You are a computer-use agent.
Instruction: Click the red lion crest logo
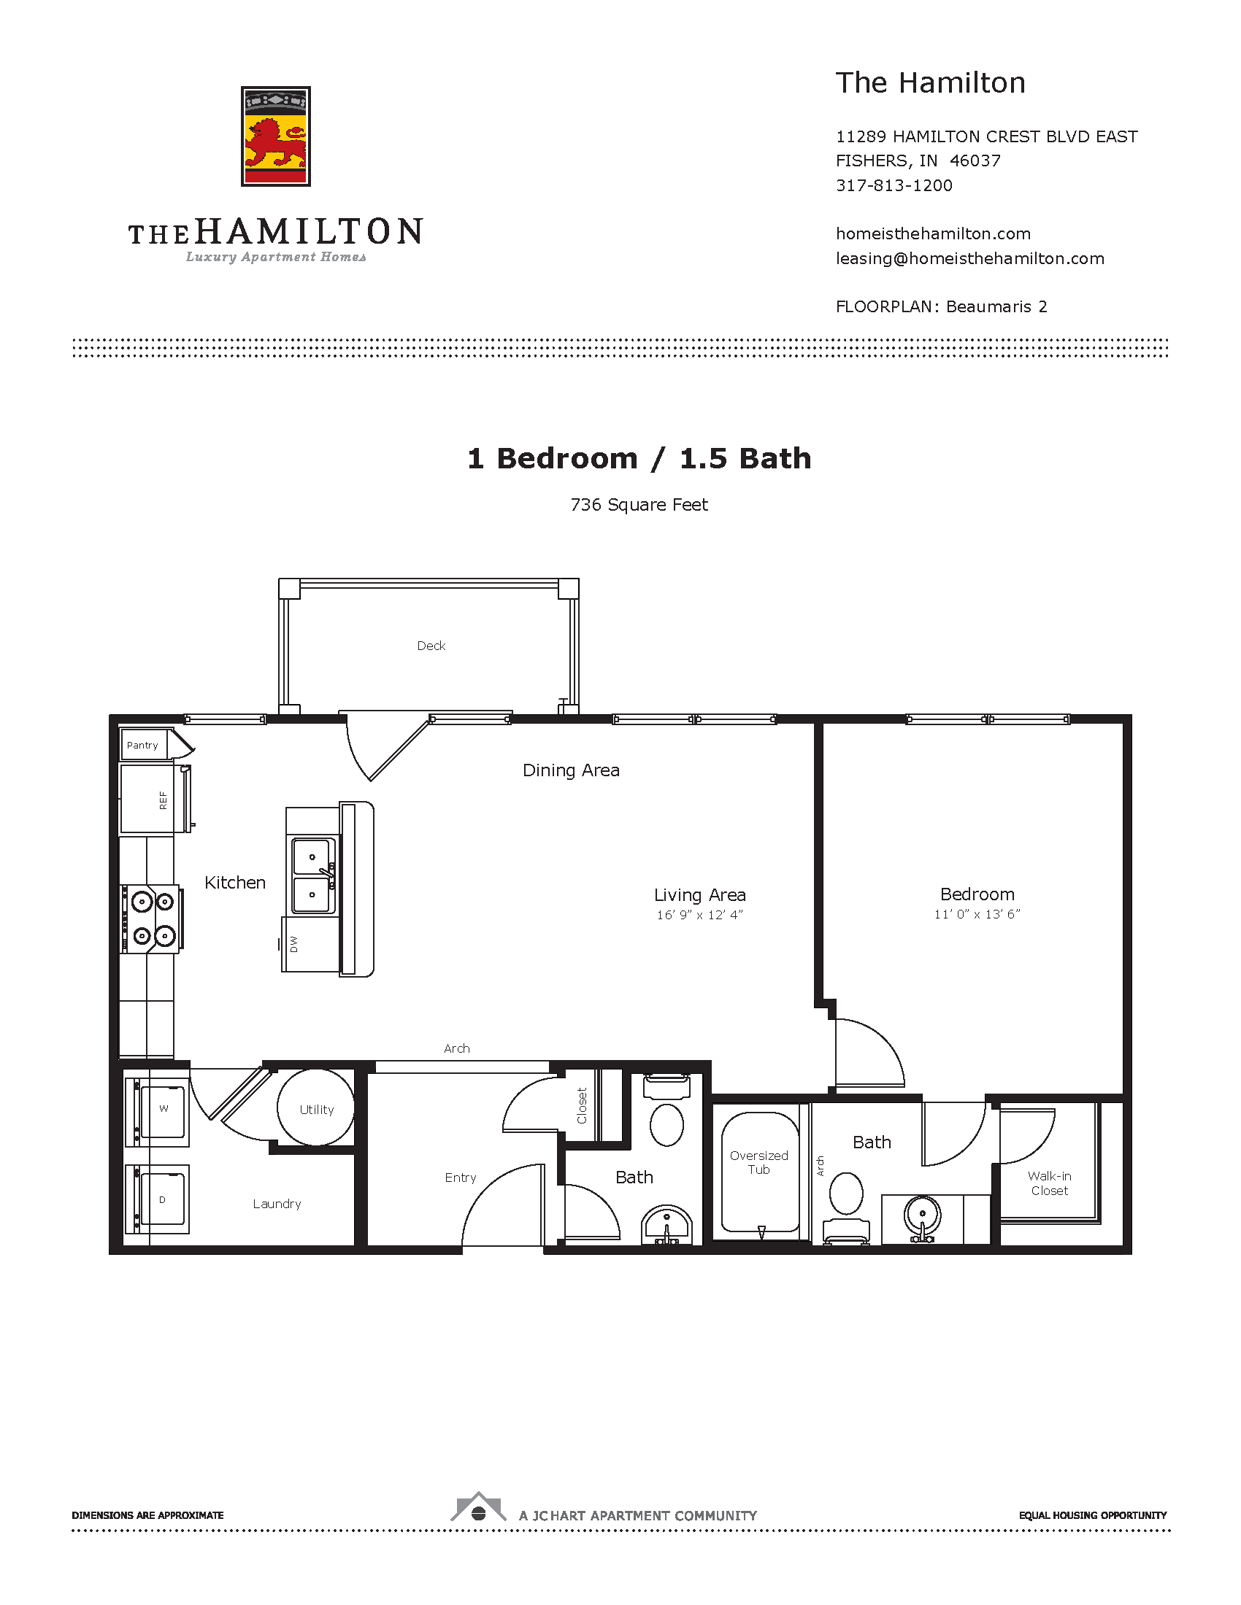point(276,136)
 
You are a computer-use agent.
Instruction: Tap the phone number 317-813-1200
point(894,185)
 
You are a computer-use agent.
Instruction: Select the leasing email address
point(969,259)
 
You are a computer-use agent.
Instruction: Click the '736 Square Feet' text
point(639,505)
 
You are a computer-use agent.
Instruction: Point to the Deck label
point(431,646)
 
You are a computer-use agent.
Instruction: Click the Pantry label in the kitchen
point(142,745)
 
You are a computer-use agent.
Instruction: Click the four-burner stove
point(151,918)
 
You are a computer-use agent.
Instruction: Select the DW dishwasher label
point(294,944)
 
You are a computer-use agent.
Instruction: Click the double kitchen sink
point(314,875)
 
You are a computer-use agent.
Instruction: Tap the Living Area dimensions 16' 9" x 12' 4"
point(700,915)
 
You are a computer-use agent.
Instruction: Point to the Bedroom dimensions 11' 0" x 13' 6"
point(977,914)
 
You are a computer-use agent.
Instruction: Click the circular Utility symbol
point(316,1107)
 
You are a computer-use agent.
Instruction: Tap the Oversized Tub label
point(758,1163)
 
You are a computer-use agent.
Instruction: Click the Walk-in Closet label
point(1049,1183)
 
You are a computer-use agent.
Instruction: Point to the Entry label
point(460,1178)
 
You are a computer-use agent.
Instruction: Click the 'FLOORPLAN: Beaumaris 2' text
point(942,307)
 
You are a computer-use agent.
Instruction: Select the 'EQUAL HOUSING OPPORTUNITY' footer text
point(1093,1515)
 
